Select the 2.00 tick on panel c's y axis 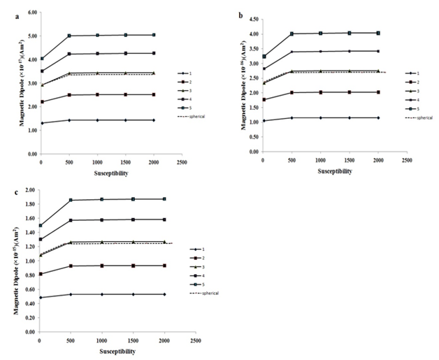point(31,189)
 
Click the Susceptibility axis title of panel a point(113,170)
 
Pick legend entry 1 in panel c point(208,249)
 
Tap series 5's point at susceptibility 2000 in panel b point(378,33)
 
